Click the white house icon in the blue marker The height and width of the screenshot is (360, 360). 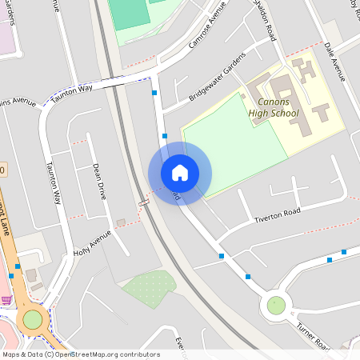180,172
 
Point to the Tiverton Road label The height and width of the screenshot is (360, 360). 277,213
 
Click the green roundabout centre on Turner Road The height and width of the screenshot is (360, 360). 276,305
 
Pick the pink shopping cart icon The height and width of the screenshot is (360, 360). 6,300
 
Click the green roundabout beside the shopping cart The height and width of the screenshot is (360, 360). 32,320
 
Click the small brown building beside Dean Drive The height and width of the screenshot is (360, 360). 121,222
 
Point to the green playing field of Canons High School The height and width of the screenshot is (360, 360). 232,140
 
